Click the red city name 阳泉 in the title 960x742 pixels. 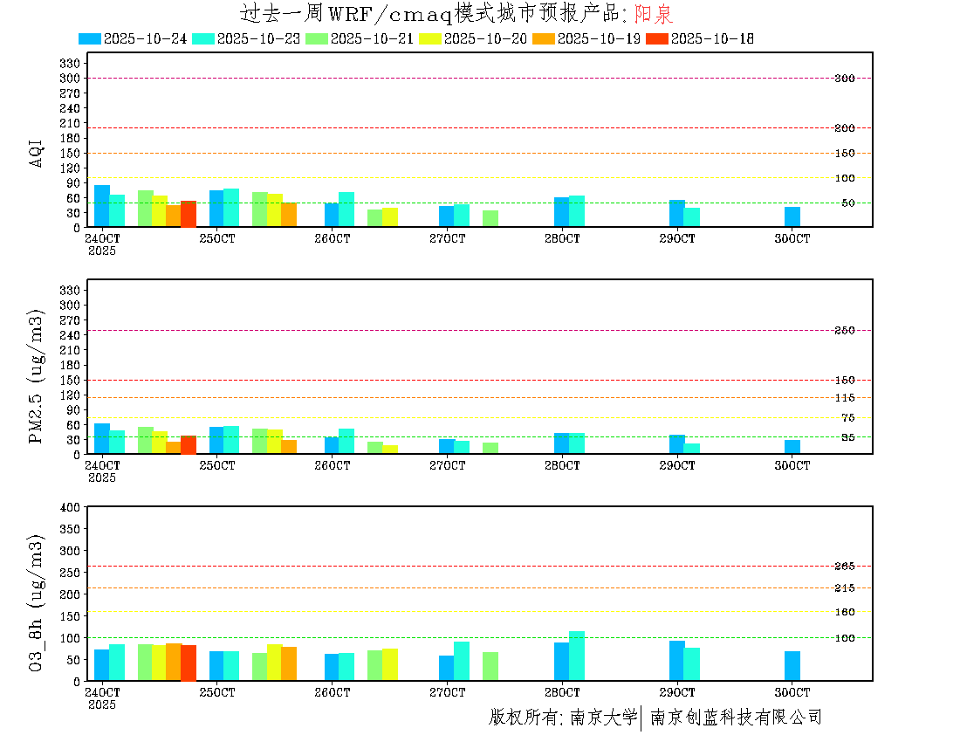(654, 14)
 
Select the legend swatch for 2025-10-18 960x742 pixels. (657, 38)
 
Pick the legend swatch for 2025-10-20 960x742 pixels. (430, 38)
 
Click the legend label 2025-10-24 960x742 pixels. (145, 38)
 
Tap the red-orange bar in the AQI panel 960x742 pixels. (189, 214)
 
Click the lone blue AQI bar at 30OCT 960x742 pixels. (792, 216)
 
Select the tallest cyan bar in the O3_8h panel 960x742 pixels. (577, 656)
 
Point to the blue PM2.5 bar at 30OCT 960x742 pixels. (792, 447)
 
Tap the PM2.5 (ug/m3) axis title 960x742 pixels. (37, 375)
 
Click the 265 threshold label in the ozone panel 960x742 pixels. (844, 567)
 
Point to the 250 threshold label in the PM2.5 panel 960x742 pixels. (844, 330)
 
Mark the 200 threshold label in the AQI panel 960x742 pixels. (844, 128)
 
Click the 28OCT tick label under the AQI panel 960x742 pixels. (562, 238)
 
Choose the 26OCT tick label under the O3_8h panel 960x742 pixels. (332, 692)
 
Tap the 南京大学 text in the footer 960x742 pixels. (603, 718)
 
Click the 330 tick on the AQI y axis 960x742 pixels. (70, 64)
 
